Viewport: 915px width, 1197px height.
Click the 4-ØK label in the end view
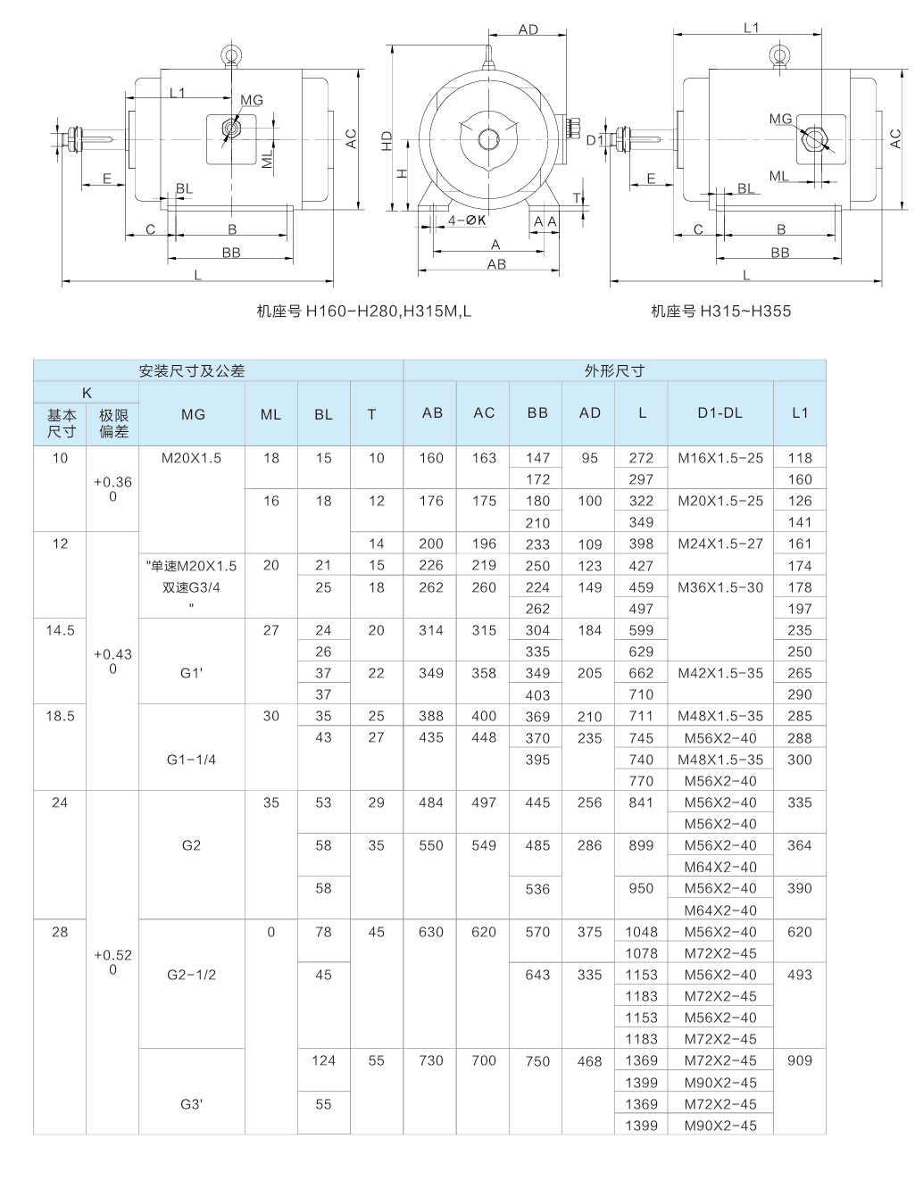pos(466,220)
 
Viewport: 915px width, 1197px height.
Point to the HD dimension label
pos(387,140)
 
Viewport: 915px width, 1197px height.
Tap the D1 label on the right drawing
pos(595,140)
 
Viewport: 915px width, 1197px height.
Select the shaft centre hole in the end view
pos(488,139)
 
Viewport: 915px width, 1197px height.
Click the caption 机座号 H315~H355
pos(720,312)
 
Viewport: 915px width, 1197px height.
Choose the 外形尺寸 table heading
pos(614,370)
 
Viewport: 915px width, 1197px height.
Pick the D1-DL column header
pos(720,413)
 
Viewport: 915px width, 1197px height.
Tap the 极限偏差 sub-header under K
pos(113,423)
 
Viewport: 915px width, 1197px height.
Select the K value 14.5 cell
pos(60,630)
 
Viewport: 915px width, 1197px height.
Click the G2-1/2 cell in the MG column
pos(192,975)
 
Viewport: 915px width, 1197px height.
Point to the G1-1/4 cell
pos(192,760)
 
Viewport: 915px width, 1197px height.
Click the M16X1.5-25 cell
pos(720,458)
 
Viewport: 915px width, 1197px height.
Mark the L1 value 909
pos(800,1061)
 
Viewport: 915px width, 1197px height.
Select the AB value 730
pos(431,1061)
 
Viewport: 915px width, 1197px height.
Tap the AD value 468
pos(589,1061)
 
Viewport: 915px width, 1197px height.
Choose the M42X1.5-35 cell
pos(720,673)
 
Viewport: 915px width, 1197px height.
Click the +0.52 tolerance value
pos(112,955)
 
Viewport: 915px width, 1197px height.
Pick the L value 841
pos(641,802)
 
